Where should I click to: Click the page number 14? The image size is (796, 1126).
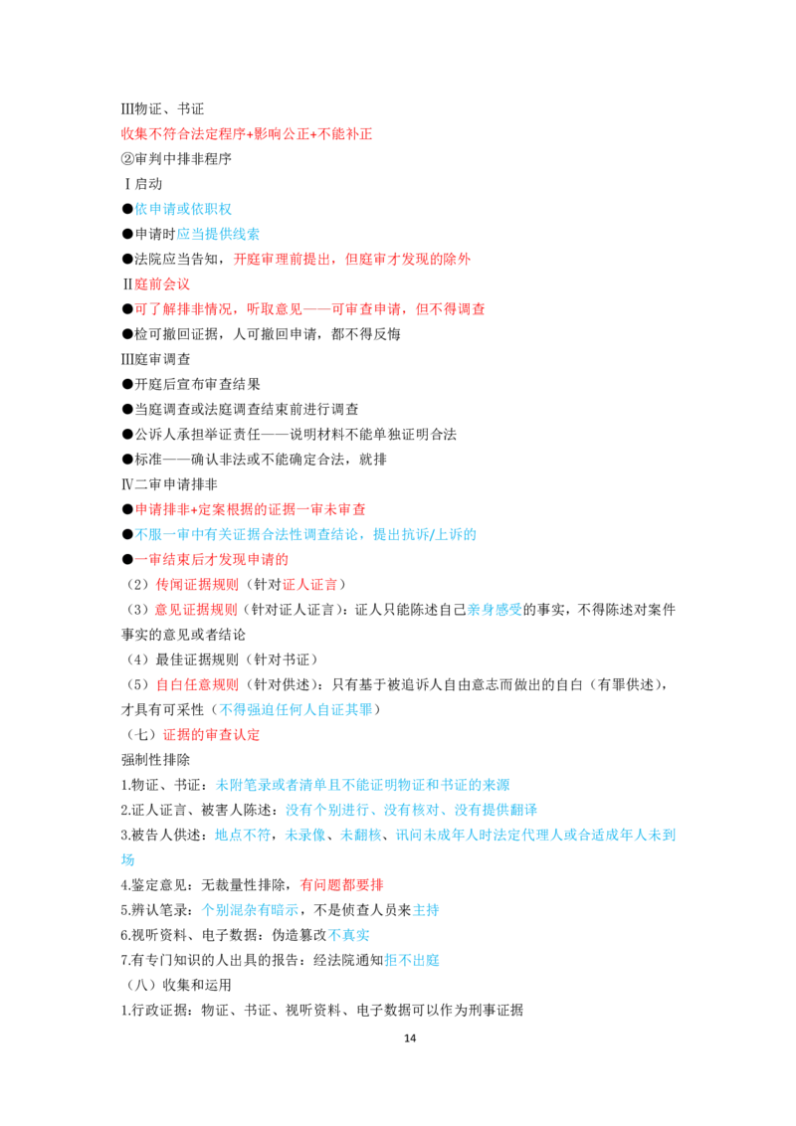(x=410, y=1037)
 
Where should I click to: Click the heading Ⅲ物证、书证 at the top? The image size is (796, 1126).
(x=162, y=109)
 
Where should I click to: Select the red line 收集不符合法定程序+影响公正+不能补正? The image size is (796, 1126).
(x=247, y=133)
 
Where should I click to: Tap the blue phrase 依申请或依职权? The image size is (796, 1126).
(x=183, y=209)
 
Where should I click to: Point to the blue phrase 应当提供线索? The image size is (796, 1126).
(x=218, y=234)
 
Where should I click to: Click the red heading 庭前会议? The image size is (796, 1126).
(x=162, y=284)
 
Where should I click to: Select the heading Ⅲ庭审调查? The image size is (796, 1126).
(x=156, y=359)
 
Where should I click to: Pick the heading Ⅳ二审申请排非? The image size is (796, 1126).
(x=169, y=484)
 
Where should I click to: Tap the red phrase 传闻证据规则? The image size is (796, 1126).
(x=197, y=585)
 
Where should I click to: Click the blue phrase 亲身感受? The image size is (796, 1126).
(x=495, y=610)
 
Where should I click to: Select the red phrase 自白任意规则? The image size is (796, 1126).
(x=197, y=684)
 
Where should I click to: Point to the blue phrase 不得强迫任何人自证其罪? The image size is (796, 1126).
(x=296, y=709)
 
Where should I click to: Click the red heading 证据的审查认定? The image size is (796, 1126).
(x=211, y=735)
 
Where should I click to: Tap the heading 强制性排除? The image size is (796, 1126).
(x=155, y=760)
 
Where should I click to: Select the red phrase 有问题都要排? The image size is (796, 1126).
(x=342, y=884)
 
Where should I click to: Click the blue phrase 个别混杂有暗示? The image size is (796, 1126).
(x=250, y=910)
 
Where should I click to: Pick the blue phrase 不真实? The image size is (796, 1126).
(x=349, y=935)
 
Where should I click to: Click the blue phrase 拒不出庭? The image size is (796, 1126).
(x=412, y=960)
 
